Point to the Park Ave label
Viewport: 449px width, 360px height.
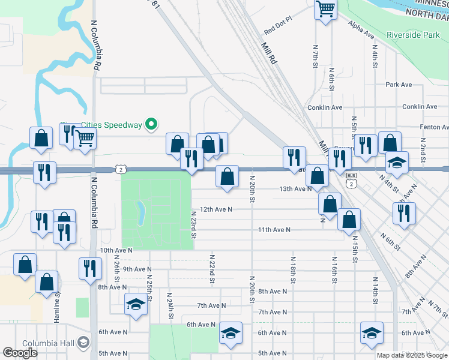[x=399, y=85]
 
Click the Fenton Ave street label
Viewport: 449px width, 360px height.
[x=434, y=127]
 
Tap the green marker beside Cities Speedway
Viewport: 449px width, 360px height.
[x=152, y=125]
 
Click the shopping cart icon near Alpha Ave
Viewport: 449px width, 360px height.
[x=325, y=9]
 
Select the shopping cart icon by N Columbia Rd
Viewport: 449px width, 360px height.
[x=85, y=139]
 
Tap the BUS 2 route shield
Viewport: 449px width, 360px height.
[x=352, y=179]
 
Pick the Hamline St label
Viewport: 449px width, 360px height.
[x=58, y=298]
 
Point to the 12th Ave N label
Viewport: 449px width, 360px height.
[x=215, y=209]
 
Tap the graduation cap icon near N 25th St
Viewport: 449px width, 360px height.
[x=136, y=304]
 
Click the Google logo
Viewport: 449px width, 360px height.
[x=20, y=352]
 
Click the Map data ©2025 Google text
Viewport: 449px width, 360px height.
[x=411, y=355]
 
